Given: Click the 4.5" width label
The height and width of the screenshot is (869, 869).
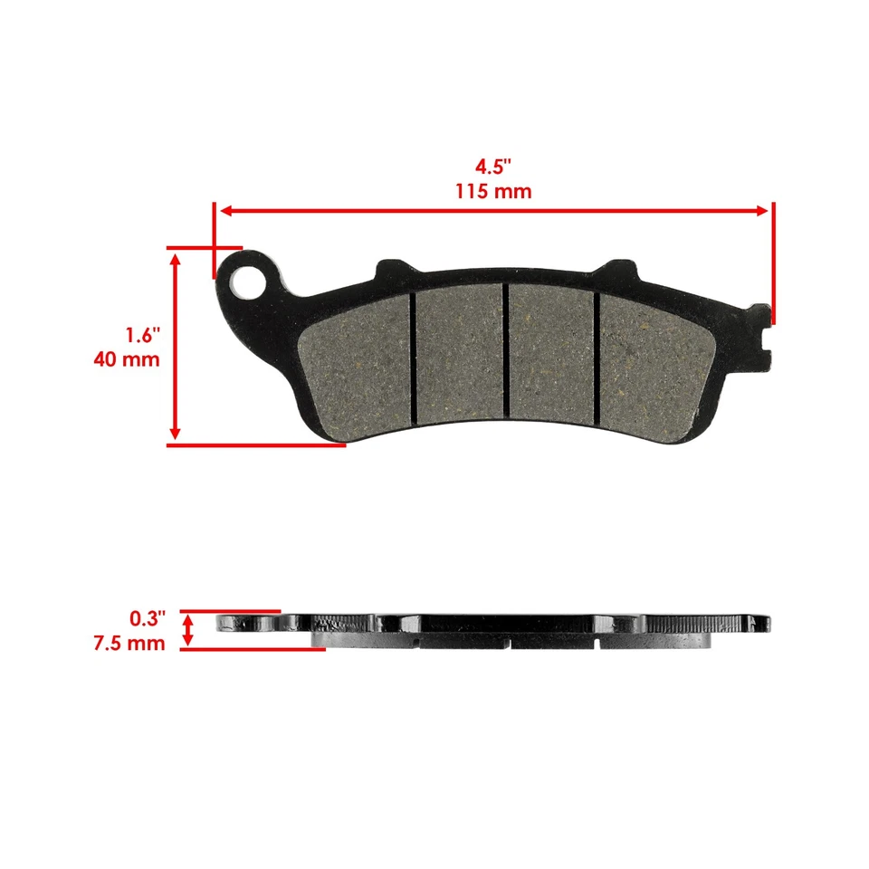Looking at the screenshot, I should point(494,167).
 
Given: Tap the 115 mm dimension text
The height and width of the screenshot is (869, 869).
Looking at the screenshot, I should point(494,191).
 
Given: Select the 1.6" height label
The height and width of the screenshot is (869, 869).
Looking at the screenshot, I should point(142,335).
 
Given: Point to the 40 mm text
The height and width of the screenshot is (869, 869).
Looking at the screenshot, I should point(127,359).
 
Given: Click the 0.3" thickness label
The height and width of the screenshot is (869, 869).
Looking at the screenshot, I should point(148,619).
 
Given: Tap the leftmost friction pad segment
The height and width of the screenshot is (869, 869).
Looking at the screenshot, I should point(357,362).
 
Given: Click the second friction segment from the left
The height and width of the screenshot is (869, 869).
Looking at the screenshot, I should point(458,355).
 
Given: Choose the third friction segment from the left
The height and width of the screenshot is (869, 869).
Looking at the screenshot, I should point(551,355).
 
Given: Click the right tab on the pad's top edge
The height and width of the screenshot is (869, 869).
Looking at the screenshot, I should point(618,269).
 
